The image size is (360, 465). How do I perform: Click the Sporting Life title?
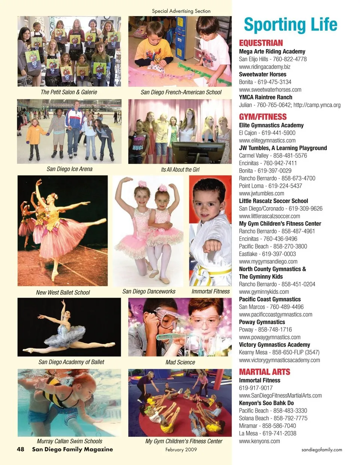coord(290,25)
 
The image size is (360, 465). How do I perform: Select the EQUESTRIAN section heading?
coord(261,43)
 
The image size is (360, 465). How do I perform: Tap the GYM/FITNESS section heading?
coord(262,117)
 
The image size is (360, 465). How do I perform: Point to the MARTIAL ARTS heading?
coord(264,372)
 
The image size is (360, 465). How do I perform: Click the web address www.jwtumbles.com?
coord(261,193)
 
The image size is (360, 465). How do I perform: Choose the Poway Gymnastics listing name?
coord(262,322)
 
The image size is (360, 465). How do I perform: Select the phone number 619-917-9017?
coord(256,388)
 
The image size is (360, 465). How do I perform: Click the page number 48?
coord(21,449)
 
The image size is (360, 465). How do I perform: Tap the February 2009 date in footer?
coord(181,449)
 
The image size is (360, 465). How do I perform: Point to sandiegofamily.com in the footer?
coord(321,449)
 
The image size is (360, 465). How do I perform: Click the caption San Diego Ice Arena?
coord(69,169)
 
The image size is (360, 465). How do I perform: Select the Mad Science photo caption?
coord(180,362)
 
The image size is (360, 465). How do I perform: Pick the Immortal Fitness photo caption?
coord(210,291)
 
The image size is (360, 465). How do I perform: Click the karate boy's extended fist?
coord(212,246)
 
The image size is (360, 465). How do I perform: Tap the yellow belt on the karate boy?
coord(214,271)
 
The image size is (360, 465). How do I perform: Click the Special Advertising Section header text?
coord(181,11)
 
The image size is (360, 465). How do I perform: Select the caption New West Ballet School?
coord(63,292)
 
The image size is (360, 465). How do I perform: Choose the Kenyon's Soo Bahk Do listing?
coord(266,403)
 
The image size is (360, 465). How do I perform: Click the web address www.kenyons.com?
coord(259,441)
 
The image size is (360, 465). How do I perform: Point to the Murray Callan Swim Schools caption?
coord(69,441)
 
